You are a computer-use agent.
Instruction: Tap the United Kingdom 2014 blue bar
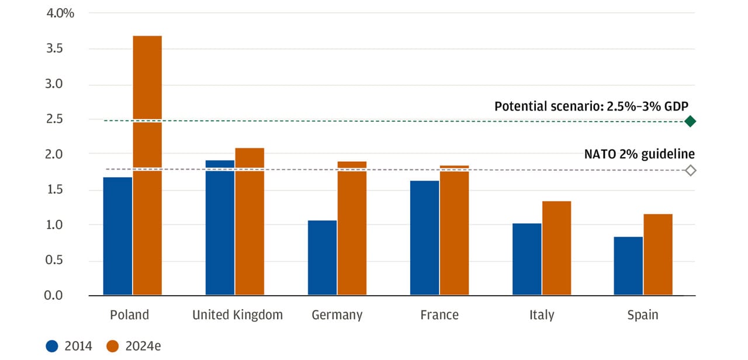coord(220,227)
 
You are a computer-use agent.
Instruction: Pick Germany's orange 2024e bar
coord(352,228)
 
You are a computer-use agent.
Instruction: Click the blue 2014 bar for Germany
coord(322,258)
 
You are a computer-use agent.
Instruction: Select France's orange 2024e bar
coord(454,230)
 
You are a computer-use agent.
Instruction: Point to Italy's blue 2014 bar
coord(527,259)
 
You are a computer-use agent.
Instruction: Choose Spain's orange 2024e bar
coord(659,254)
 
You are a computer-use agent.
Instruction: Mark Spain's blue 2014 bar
coord(629,266)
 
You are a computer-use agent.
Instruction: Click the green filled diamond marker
coord(690,122)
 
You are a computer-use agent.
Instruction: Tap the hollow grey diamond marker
coord(690,171)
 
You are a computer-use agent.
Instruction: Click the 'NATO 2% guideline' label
coord(639,154)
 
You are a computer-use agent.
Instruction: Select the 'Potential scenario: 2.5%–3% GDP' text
coord(591,106)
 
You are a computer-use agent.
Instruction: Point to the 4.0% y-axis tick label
coord(60,13)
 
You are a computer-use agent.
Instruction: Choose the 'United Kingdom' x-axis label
coord(237,315)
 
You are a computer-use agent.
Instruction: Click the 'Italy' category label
coord(542,315)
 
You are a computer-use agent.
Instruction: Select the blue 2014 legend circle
coord(52,346)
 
